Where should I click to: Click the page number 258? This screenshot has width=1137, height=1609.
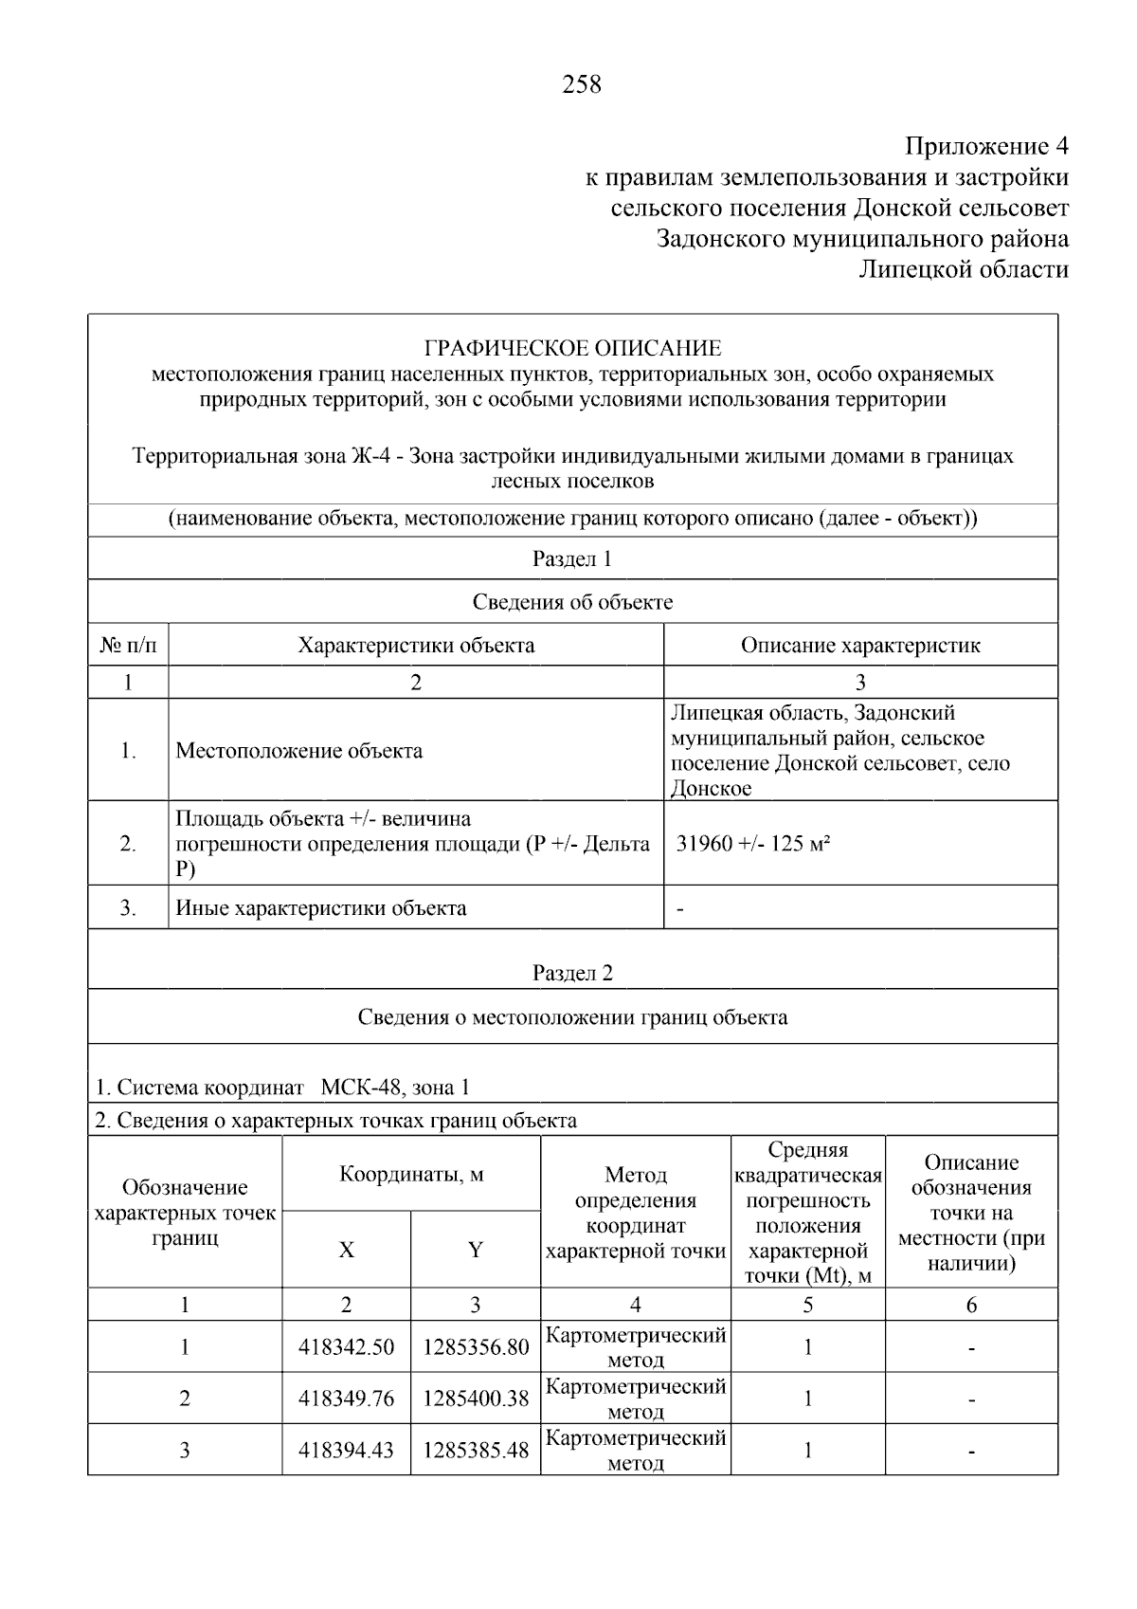coord(581,85)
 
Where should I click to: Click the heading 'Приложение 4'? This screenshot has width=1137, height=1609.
coord(986,147)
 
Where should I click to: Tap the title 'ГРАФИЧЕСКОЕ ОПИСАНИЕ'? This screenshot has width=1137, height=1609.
coord(572,348)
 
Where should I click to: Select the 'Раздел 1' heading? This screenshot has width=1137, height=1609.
coord(572,559)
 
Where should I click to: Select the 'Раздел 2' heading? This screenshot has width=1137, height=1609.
coord(572,974)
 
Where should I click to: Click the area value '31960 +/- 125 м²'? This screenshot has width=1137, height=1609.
coord(753,844)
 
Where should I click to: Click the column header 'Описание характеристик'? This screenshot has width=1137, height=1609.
coord(859,646)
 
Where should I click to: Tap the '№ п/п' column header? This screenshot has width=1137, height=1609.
coord(128,646)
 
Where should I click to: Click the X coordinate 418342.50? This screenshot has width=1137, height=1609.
coord(346,1347)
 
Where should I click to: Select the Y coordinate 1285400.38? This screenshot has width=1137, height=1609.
coord(476,1399)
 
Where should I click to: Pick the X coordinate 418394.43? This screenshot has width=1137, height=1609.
coord(346,1450)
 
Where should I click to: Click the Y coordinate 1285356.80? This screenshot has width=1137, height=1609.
coord(476,1347)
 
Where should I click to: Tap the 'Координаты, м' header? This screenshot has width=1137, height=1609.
coord(411,1175)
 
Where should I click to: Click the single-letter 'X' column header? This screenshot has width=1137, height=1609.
coord(347,1251)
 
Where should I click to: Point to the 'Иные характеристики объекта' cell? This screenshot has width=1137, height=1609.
coord(321,908)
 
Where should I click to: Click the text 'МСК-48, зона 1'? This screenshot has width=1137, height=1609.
coord(395,1088)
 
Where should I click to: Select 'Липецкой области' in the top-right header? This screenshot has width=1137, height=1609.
coord(963,270)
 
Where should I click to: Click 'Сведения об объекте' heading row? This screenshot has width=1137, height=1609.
coord(572,602)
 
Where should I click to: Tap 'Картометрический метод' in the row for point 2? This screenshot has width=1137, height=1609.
coord(636,1399)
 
